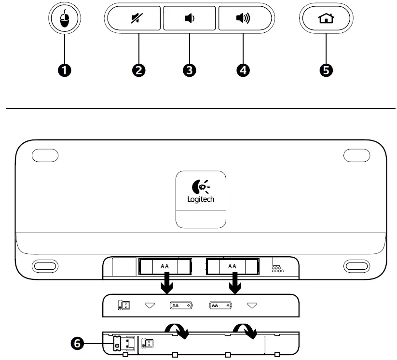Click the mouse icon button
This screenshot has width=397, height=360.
pos(64,20)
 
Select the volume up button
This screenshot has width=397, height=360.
pos(243,19)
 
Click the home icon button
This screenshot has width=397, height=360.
pos(326,19)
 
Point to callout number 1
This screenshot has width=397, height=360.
pos(65,70)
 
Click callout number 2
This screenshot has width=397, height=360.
pos(139,70)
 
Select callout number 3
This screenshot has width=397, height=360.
pos(190,70)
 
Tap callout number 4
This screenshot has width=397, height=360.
pos(244,70)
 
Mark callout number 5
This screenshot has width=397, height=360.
pos(327,70)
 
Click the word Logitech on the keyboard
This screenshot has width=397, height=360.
pos(201,199)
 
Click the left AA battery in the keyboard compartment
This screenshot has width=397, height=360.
pos(165,266)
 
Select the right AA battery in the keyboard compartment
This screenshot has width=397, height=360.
pos(233,266)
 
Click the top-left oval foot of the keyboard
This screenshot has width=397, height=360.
pos(45,156)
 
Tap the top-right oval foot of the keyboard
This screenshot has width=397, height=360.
pos(356,156)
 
